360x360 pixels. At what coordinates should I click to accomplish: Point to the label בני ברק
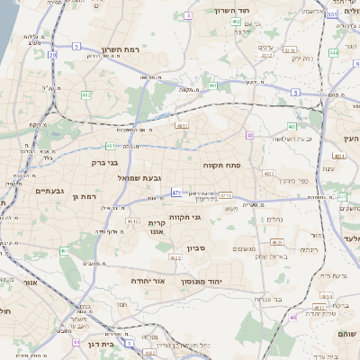coord(106,163)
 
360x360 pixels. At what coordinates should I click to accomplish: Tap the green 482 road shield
coord(86,94)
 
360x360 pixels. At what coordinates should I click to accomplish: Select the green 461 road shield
coord(64,250)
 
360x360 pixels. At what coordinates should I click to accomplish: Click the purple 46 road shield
coord(292,318)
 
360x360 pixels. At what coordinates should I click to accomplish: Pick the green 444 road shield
coord(333,52)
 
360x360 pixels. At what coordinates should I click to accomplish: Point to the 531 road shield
coord(332,14)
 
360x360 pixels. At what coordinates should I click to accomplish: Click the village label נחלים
coord(275,218)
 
